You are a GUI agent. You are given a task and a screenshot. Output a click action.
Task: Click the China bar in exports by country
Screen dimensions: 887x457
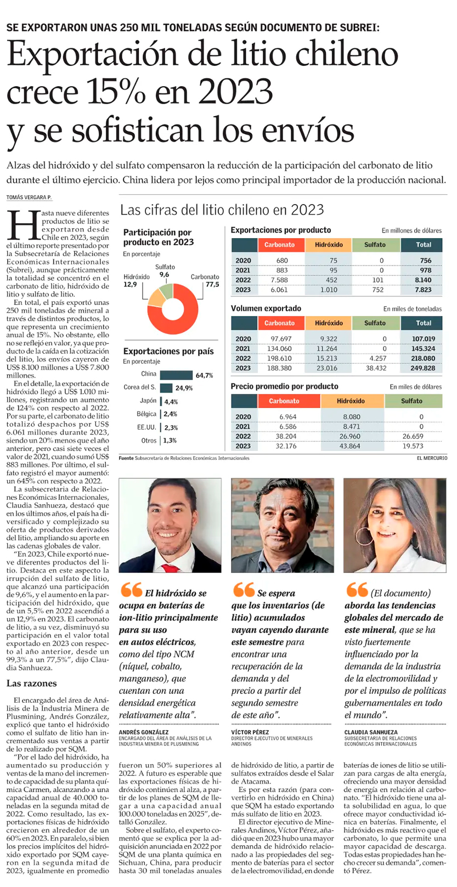pos(176,375)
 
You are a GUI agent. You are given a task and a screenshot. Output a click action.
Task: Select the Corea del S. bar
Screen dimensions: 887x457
pos(166,388)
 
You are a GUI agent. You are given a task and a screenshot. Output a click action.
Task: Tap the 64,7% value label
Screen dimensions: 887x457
pos(204,375)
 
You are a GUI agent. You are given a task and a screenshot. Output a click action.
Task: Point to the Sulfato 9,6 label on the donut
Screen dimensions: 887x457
pos(165,271)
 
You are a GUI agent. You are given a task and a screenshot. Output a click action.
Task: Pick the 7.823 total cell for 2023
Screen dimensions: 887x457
pos(422,290)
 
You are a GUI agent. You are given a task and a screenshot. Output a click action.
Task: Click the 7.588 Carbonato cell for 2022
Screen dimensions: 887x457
pos(279,280)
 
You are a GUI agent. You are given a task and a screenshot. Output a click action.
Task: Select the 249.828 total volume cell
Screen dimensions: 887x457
pos(422,368)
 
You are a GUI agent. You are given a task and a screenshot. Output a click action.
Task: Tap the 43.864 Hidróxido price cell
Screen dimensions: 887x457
pos(351,446)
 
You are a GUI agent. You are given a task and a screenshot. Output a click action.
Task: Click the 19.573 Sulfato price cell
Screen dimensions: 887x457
pos(413,446)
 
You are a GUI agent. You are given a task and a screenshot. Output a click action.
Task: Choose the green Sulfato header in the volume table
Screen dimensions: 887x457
pos(375,323)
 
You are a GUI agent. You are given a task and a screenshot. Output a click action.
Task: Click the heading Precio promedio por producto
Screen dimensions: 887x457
pos(284,386)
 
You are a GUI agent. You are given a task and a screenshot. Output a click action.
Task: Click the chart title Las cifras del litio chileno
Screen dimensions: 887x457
pos(222,210)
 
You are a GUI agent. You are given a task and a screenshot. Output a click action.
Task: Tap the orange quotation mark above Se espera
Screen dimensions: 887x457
pos(244,590)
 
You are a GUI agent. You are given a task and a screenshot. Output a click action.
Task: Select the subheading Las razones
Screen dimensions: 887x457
pos(31,683)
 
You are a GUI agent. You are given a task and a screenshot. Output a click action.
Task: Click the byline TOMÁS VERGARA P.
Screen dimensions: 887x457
pos(29,197)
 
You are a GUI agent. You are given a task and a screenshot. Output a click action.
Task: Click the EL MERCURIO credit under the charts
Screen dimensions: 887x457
pos(431,458)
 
